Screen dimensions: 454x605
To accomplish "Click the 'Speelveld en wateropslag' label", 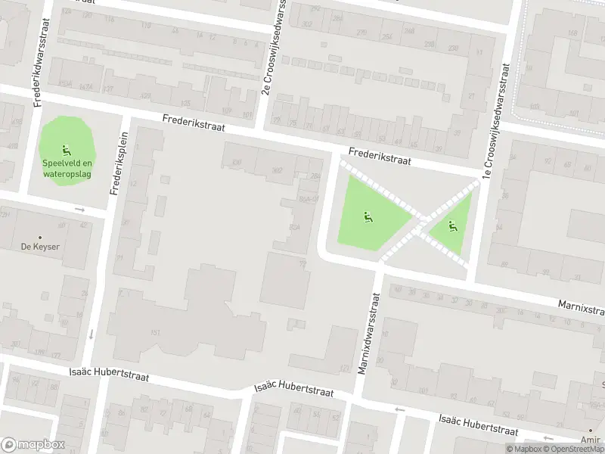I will coord(67,167).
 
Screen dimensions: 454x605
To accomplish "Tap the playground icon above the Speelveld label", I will coord(67,148).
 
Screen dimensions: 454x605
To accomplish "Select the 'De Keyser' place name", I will coord(40,247).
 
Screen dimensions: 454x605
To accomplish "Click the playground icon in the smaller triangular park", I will coord(452,225).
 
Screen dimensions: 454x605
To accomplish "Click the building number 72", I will coord(303,263).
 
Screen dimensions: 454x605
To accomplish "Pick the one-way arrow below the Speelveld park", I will coord(79,210).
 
